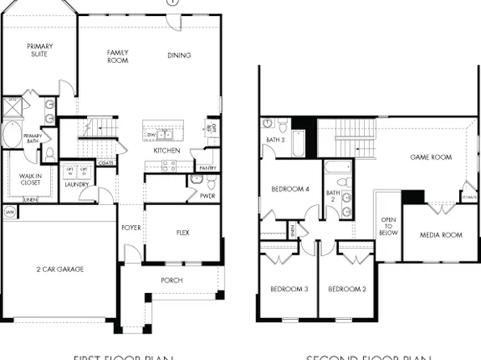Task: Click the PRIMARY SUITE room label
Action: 40,50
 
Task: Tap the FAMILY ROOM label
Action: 119,57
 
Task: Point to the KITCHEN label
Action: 167,151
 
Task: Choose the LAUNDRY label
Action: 77,185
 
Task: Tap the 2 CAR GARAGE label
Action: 61,269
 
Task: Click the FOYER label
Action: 131,228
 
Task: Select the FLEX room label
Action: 183,232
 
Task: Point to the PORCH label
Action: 171,280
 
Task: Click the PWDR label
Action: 206,195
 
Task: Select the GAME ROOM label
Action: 430,157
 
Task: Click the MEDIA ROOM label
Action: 441,235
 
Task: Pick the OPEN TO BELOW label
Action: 388,225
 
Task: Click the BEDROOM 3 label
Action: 288,288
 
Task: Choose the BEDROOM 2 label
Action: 348,288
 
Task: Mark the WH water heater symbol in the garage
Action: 10,211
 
